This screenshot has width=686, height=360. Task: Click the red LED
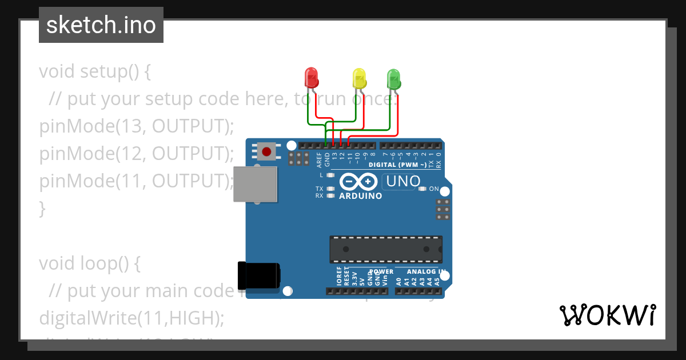click(x=311, y=78)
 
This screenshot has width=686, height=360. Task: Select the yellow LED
click(x=359, y=78)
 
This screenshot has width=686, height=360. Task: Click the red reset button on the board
click(x=266, y=151)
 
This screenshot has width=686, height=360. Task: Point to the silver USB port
click(x=255, y=184)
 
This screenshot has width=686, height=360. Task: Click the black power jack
click(x=258, y=275)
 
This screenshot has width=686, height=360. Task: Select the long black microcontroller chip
click(x=385, y=249)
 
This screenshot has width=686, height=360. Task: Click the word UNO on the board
click(x=404, y=182)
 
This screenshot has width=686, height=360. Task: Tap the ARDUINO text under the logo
click(x=360, y=196)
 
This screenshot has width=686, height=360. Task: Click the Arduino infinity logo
click(x=358, y=182)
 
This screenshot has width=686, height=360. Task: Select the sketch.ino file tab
click(x=101, y=25)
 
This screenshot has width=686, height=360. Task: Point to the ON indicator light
click(x=422, y=189)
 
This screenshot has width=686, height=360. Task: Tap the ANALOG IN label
click(x=426, y=271)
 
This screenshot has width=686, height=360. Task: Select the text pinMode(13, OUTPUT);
click(x=137, y=126)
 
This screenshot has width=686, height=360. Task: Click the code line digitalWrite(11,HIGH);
click(x=131, y=318)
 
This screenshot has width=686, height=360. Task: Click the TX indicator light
click(x=330, y=189)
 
